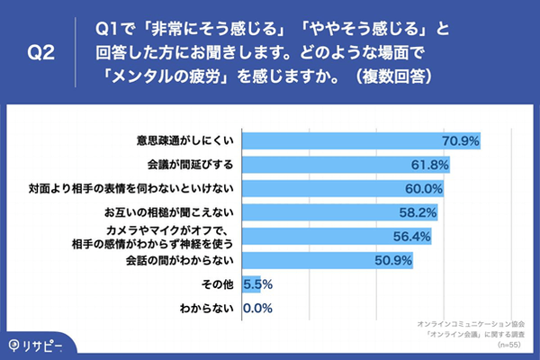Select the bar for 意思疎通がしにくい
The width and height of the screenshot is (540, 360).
[360, 140]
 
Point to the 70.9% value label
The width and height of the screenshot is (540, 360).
[459, 140]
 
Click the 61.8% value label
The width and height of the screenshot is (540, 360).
[428, 165]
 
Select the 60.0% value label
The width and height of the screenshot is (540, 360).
[423, 189]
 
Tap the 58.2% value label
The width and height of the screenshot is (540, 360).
[418, 213]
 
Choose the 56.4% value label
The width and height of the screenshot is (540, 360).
[412, 238]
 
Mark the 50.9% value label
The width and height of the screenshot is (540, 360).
[392, 262]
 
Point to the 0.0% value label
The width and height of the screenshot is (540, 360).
[257, 310]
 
